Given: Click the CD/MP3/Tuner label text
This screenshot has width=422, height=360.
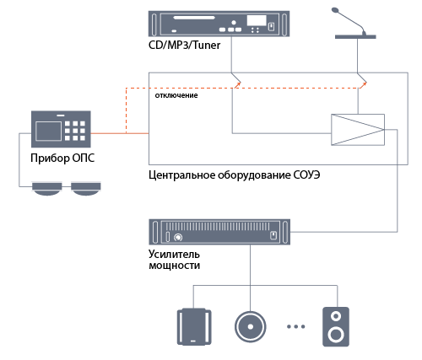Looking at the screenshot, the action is pyautogui.click(x=184, y=46).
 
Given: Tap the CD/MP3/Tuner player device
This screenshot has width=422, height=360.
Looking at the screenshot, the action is pyautogui.click(x=219, y=24).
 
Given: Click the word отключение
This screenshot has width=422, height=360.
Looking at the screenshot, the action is pyautogui.click(x=176, y=95).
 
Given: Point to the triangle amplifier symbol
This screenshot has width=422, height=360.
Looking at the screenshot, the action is pyautogui.click(x=358, y=130).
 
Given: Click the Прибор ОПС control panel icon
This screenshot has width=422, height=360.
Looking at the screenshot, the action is pyautogui.click(x=61, y=129).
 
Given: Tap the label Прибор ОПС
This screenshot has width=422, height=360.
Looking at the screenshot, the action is pyautogui.click(x=62, y=158).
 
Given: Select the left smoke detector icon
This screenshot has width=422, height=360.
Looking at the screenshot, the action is pyautogui.click(x=47, y=189).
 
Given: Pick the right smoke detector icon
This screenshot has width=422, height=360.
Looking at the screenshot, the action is pyautogui.click(x=86, y=189).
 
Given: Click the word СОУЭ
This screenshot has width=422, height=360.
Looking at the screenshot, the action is pyautogui.click(x=306, y=175).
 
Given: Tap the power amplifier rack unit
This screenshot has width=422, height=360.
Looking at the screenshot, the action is pyautogui.click(x=219, y=232).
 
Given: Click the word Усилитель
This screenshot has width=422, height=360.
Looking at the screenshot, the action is pyautogui.click(x=174, y=255).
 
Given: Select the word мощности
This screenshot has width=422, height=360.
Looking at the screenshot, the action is pyautogui.click(x=175, y=266).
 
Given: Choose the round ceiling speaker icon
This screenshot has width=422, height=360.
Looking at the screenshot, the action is pyautogui.click(x=251, y=326).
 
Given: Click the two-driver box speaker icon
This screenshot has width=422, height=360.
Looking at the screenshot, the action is pyautogui.click(x=336, y=326).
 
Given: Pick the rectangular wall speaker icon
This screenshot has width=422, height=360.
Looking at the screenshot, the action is pyautogui.click(x=194, y=326).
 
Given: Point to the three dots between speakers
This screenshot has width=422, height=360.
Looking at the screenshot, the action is pyautogui.click(x=296, y=326).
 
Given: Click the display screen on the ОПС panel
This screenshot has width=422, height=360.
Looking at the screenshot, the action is pyautogui.click(x=49, y=131).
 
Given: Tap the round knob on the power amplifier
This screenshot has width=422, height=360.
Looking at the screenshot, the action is pyautogui.click(x=178, y=238).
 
